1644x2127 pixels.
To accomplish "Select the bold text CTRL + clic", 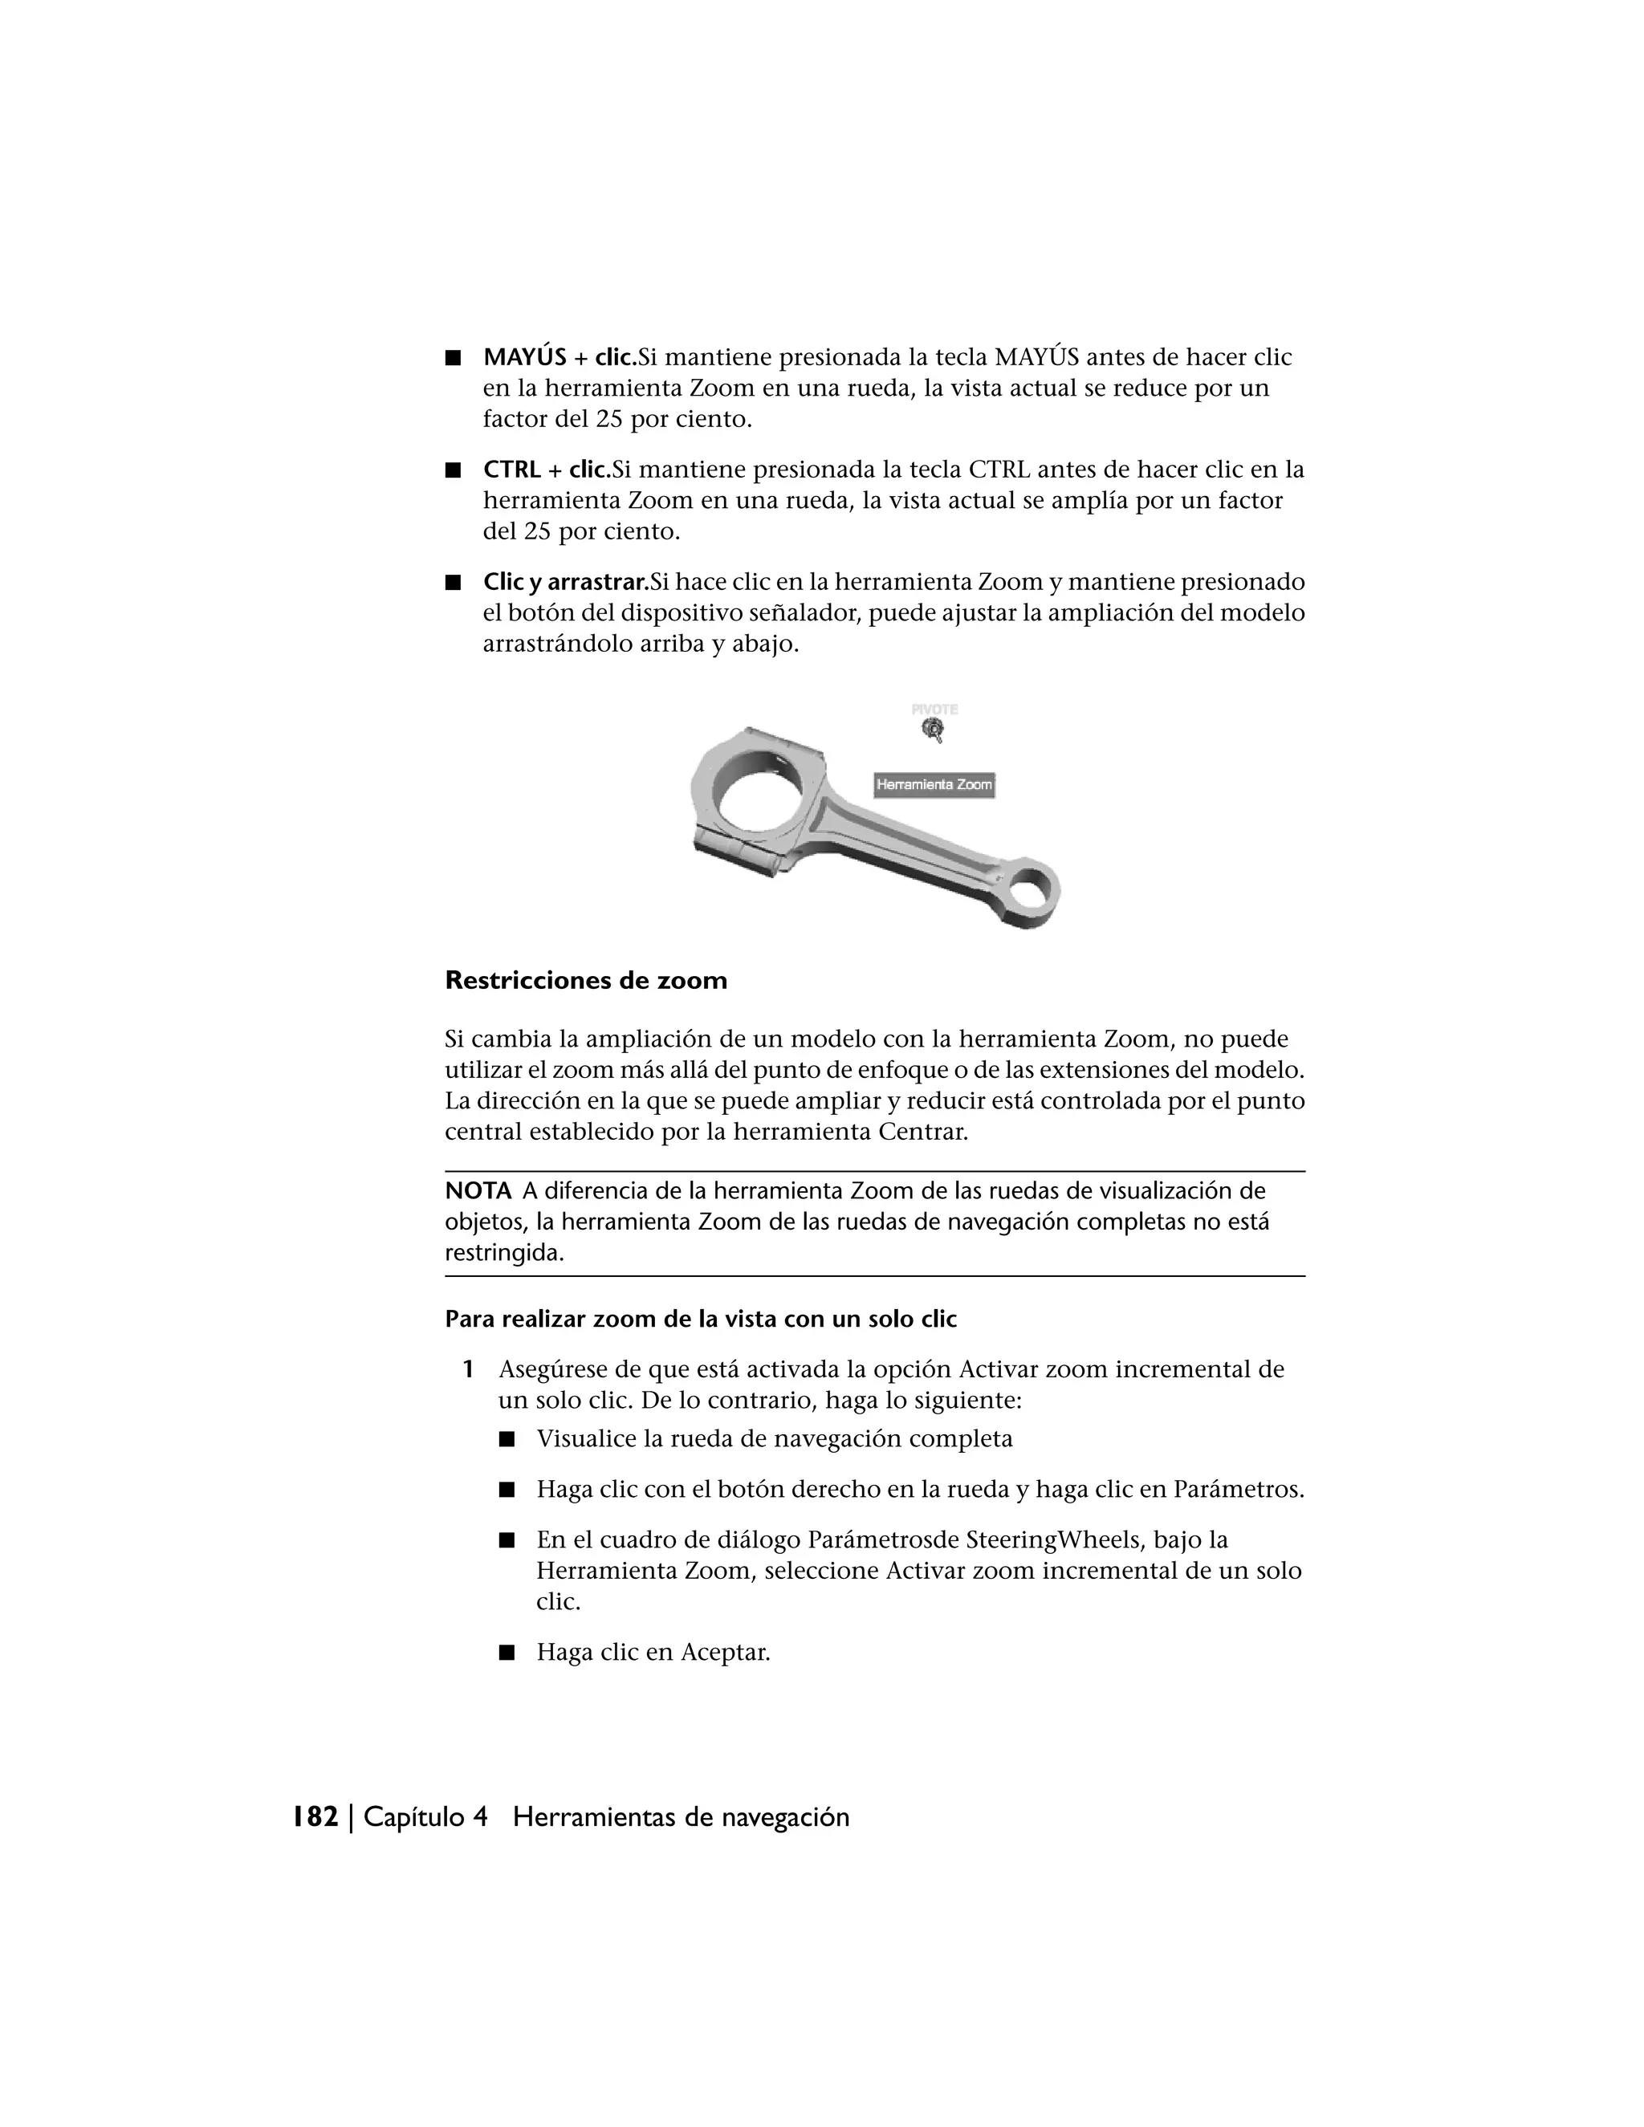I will [545, 470].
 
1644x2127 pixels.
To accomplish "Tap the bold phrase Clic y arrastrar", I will [565, 583].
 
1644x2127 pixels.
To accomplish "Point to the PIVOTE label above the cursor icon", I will [934, 710].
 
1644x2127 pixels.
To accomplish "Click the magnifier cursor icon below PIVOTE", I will [933, 730].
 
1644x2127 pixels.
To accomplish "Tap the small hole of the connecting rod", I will [1033, 889].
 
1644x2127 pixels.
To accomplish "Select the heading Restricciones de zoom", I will [585, 980].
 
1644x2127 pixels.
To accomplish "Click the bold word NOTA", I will [478, 1190].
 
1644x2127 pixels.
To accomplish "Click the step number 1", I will [469, 1369].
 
